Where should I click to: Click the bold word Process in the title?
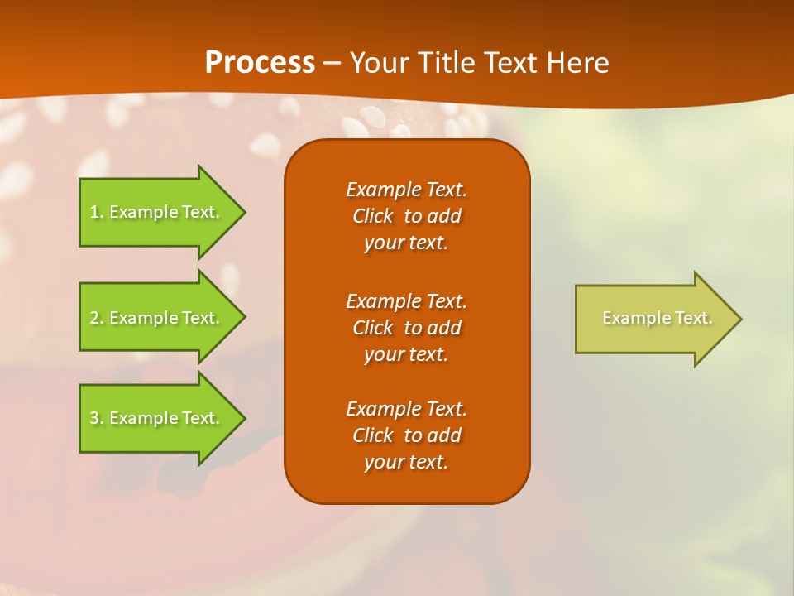(x=260, y=63)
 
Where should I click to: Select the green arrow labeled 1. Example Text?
(x=157, y=212)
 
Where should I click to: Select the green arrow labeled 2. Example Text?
(x=157, y=318)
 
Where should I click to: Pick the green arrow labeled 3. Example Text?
(x=157, y=418)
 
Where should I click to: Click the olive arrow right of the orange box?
(x=653, y=319)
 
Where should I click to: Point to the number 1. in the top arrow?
(x=97, y=212)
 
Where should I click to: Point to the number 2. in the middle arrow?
(x=97, y=318)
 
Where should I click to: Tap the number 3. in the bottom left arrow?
(x=97, y=418)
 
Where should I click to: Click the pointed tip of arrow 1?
(x=242, y=212)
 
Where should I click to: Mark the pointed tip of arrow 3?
(x=242, y=418)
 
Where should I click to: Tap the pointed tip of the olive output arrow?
(x=739, y=319)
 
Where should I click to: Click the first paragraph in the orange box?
(x=406, y=216)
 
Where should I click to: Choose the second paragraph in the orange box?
(x=406, y=328)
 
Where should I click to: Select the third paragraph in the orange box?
(x=406, y=435)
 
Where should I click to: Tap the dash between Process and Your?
(x=332, y=63)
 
